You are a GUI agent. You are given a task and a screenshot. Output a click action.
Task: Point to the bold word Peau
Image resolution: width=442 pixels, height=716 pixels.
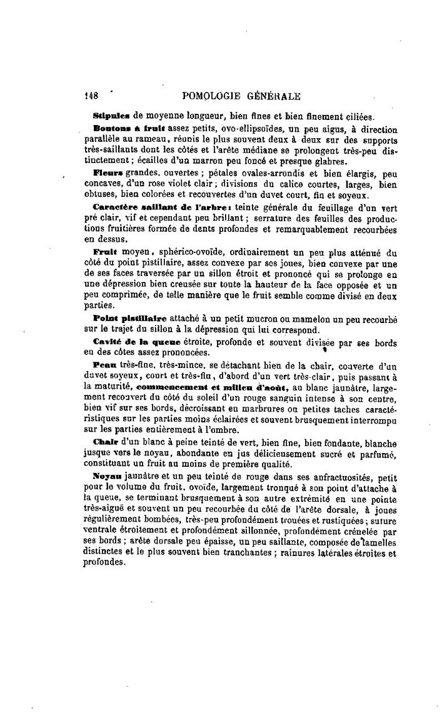tap(102, 364)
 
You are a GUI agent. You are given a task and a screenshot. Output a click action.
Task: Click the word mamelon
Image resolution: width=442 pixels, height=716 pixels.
tap(323, 319)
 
